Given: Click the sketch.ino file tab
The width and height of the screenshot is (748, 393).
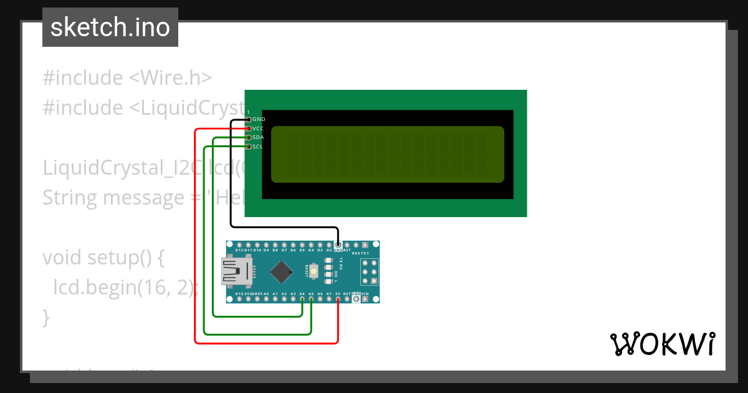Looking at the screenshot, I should point(110,27).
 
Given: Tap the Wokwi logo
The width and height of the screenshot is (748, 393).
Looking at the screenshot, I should point(662,344).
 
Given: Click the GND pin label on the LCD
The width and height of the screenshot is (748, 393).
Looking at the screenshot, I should point(258,119).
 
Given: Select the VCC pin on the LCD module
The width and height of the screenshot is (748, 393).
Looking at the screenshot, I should point(249,129).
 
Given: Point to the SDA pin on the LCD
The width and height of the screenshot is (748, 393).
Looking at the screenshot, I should point(249,137).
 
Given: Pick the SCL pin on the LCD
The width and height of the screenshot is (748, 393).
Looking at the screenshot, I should point(249,147).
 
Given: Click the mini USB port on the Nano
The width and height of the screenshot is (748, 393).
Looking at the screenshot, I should point(237,272).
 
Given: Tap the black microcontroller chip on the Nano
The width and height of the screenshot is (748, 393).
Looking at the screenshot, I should point(282,272).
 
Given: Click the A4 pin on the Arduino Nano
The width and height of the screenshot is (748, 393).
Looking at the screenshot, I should point(302,299).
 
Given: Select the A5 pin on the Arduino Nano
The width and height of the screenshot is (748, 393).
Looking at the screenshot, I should point(311,299).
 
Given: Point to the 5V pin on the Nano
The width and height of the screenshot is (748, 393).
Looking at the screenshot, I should point(338,299).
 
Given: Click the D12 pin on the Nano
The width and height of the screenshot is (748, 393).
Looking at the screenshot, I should point(239,245).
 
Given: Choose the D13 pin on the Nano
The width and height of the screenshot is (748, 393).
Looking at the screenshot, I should point(239,299).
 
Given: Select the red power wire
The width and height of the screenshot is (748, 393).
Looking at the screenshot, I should point(196,250).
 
